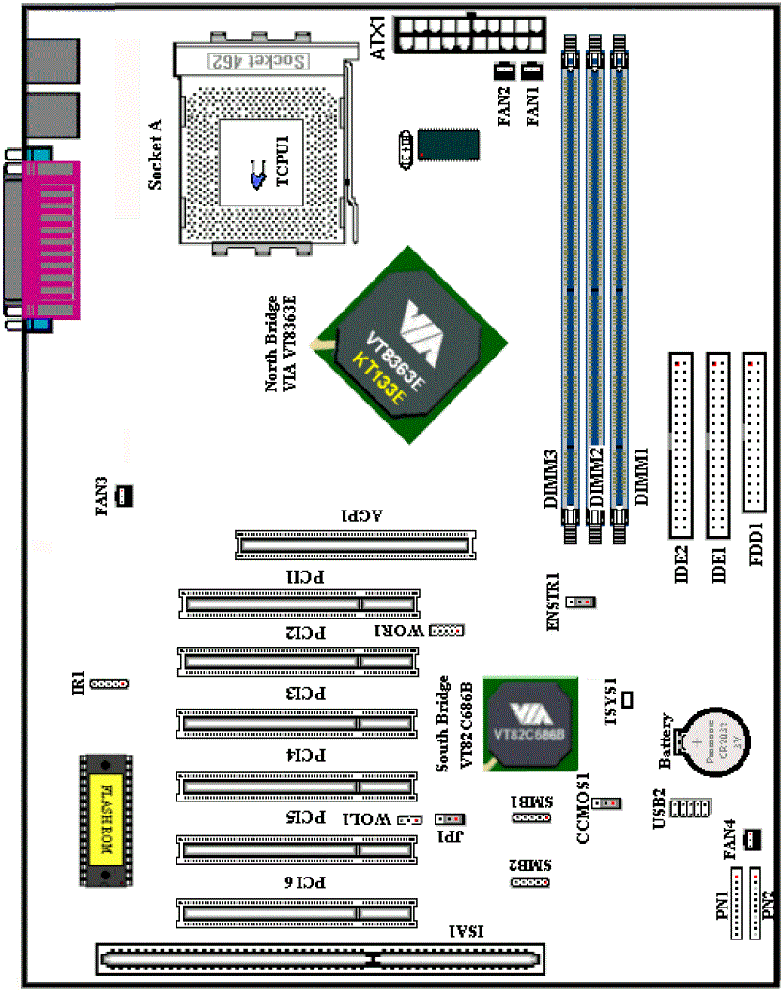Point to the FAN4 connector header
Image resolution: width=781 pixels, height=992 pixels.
coord(751,837)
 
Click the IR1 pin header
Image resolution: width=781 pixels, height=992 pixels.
coord(110,683)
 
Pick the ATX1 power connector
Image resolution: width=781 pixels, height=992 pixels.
coord(469,35)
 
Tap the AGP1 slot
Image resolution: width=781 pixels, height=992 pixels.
coord(354,542)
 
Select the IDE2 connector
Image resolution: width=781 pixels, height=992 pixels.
coord(680,442)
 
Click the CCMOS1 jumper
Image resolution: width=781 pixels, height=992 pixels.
coord(608,802)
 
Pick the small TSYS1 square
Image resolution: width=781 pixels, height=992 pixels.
coord(627,698)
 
